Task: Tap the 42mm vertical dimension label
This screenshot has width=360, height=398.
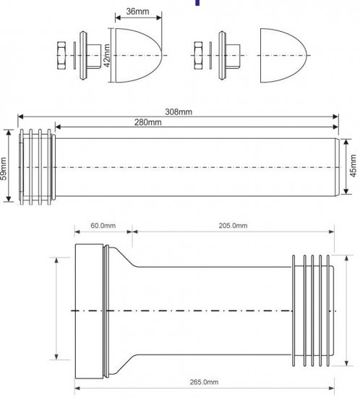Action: [x=106, y=54]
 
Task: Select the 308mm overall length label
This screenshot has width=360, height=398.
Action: [x=179, y=111]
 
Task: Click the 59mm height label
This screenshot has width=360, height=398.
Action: [x=4, y=168]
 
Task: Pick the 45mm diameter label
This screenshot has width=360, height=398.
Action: [x=354, y=168]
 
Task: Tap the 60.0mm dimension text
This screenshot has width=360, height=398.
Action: [x=103, y=226]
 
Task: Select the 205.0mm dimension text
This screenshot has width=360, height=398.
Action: [x=233, y=226]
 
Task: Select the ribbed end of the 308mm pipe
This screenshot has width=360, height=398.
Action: [x=38, y=168]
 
